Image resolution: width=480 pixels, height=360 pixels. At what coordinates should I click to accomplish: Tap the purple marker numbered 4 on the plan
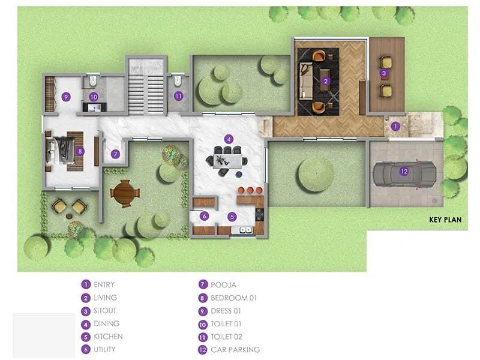[x=229, y=139]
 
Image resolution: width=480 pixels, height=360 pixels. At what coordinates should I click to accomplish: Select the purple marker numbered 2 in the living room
[x=325, y=81]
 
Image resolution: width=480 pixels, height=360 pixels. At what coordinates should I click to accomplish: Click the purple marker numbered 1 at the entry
[x=395, y=127]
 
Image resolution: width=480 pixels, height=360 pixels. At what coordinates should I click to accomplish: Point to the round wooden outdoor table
[x=125, y=193]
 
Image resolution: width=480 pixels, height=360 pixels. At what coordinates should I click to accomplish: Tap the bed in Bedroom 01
[x=62, y=150]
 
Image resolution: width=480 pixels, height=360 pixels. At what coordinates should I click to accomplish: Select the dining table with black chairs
[x=229, y=160]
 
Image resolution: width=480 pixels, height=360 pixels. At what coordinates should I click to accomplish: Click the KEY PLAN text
[x=445, y=220]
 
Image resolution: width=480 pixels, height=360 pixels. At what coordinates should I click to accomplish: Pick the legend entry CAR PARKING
[x=235, y=350]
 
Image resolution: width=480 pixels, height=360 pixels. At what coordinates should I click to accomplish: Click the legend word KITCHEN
[x=108, y=337]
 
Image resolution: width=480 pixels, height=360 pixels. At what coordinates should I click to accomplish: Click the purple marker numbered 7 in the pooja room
[x=116, y=154]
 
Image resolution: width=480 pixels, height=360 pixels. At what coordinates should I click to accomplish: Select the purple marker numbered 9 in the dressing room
[x=66, y=96]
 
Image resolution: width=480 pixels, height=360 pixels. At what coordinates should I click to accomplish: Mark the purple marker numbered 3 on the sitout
[x=384, y=74]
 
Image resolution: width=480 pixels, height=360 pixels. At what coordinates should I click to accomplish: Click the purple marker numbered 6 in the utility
[x=204, y=216]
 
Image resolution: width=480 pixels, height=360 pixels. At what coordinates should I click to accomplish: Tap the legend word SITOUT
[x=105, y=311]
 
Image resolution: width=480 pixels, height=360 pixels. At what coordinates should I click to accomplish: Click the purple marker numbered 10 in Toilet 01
[x=94, y=96]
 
